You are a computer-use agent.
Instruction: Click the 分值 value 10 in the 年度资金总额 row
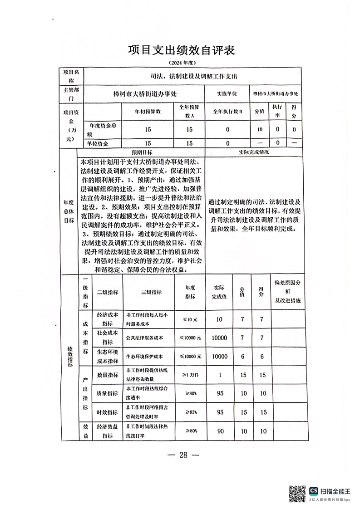(x=260, y=130)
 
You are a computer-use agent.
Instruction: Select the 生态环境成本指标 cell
(x=108, y=357)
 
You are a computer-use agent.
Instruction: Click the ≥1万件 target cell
(x=190, y=375)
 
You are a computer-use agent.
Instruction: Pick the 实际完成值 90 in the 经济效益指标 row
(x=220, y=431)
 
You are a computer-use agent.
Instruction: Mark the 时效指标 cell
(x=108, y=412)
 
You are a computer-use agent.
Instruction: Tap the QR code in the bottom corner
(x=297, y=494)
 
